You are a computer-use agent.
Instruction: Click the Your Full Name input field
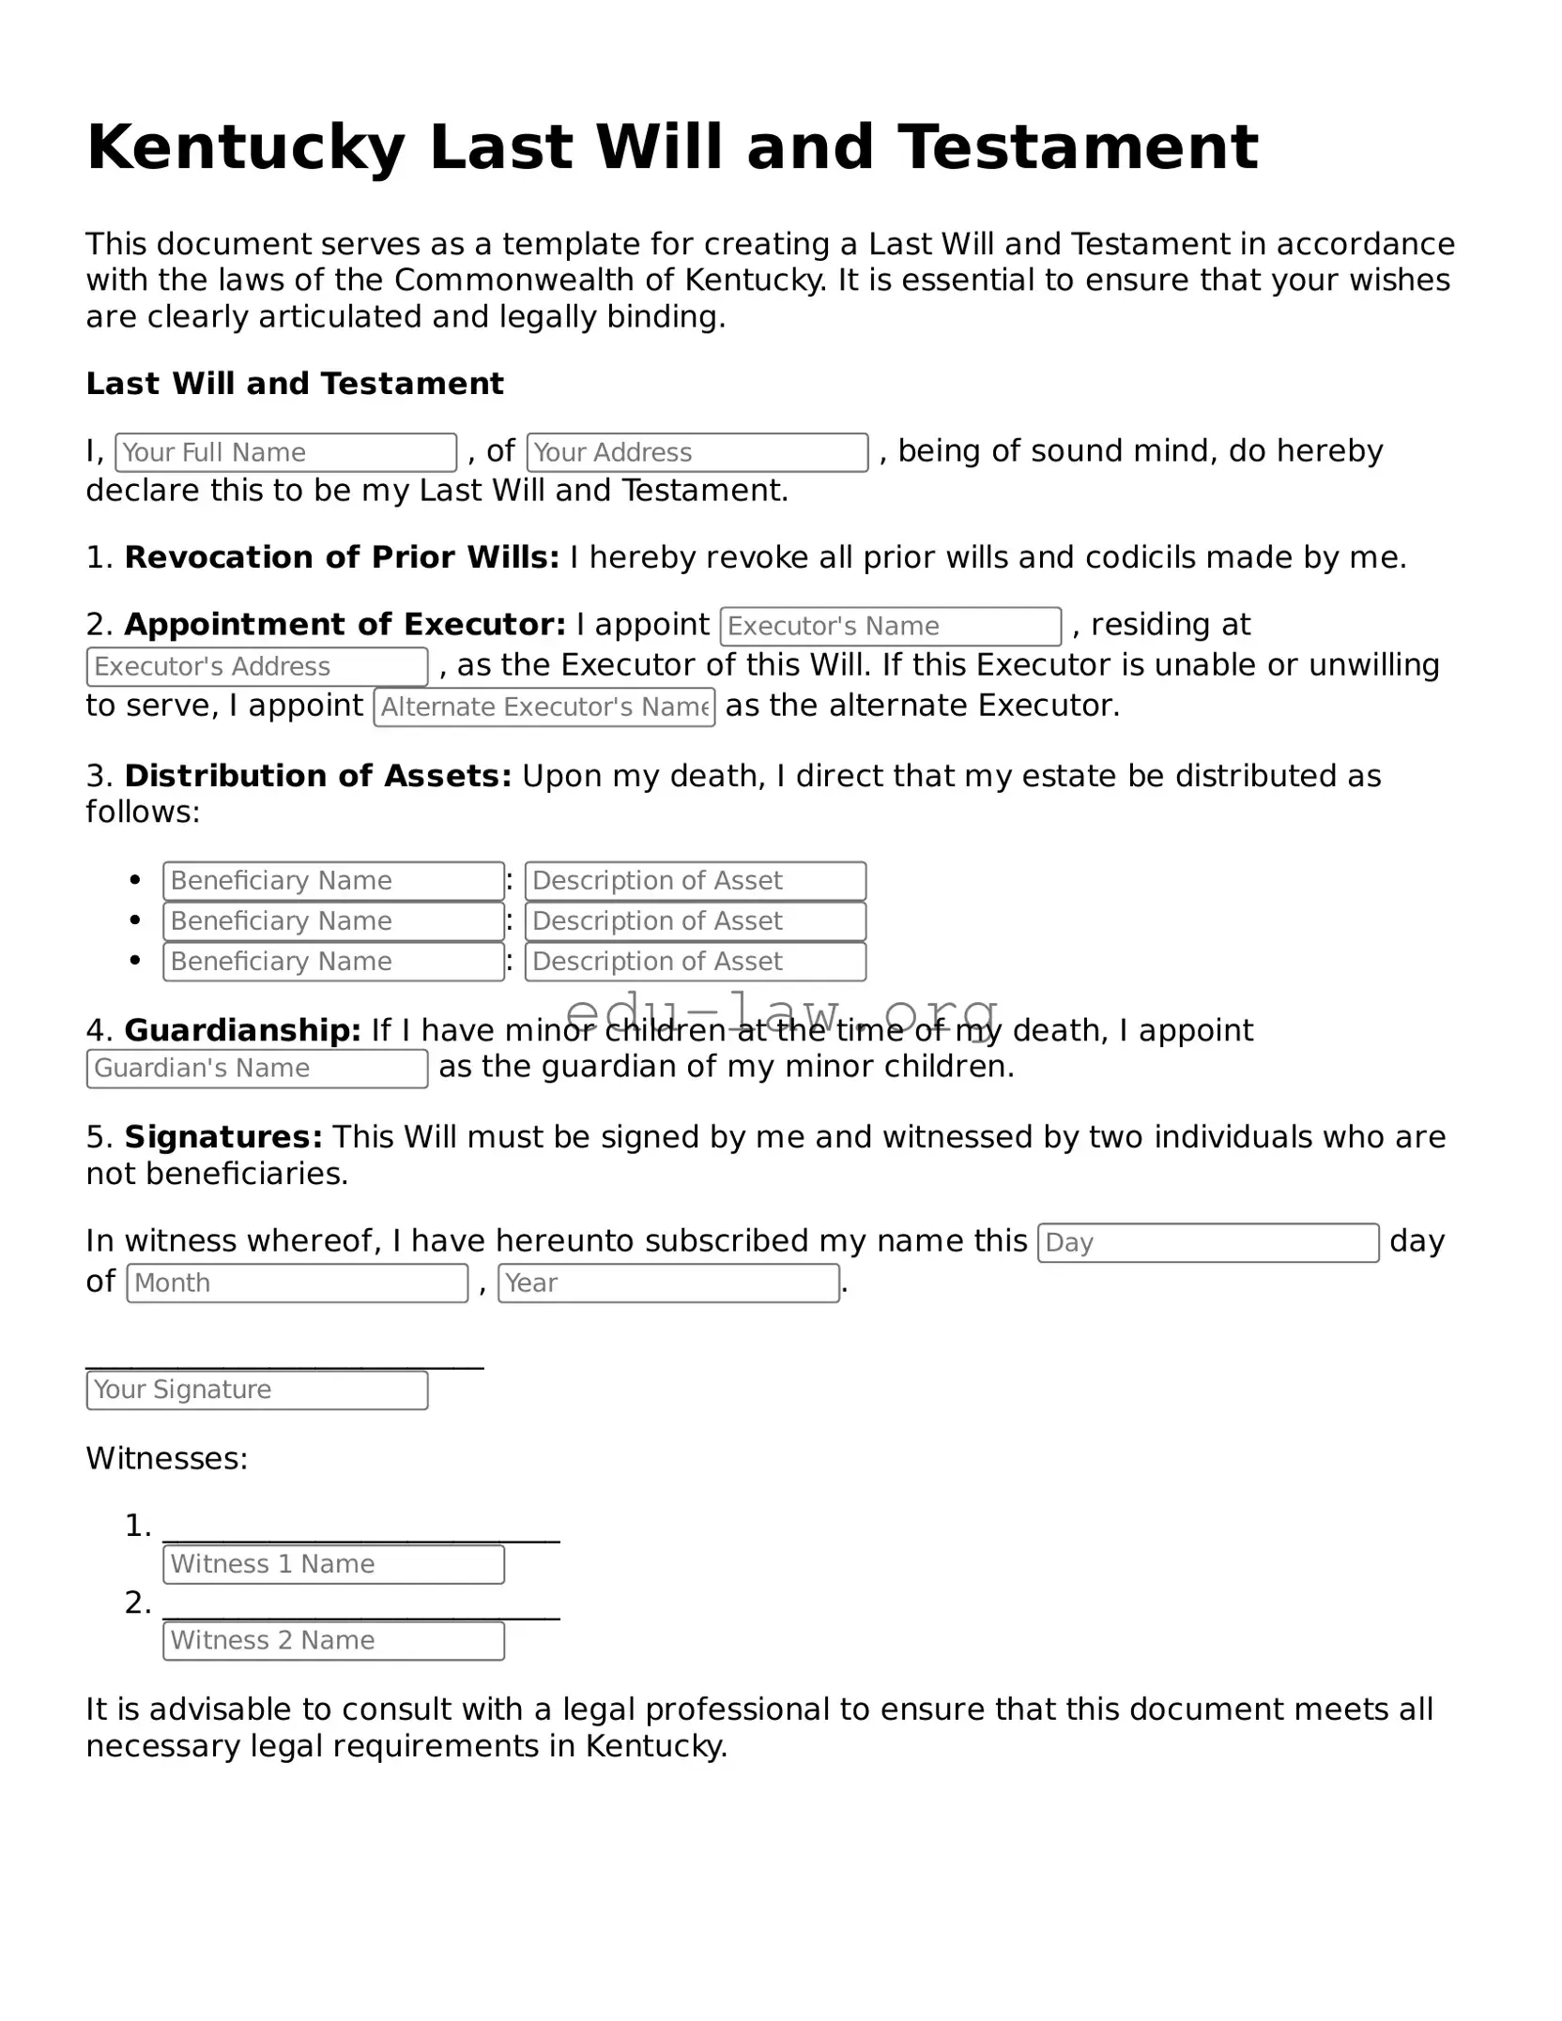pyautogui.click(x=285, y=452)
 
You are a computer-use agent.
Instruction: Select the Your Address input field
pyautogui.click(x=697, y=452)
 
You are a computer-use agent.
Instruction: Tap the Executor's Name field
pyautogui.click(x=890, y=626)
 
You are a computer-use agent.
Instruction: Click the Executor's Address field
pyautogui.click(x=257, y=666)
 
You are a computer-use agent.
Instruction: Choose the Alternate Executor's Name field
pyautogui.click(x=544, y=707)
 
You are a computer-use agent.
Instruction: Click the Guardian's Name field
pyautogui.click(x=257, y=1068)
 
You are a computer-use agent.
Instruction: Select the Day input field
pyautogui.click(x=1207, y=1242)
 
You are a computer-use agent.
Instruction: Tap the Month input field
pyautogui.click(x=297, y=1283)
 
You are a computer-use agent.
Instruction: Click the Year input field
pyautogui.click(x=668, y=1283)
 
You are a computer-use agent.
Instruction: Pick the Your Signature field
pyautogui.click(x=257, y=1390)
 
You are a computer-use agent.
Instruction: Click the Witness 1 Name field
pyautogui.click(x=333, y=1563)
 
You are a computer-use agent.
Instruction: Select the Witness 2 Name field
pyautogui.click(x=333, y=1640)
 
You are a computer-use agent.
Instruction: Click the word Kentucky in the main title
pyautogui.click(x=246, y=148)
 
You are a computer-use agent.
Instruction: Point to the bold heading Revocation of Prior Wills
pyautogui.click(x=342, y=557)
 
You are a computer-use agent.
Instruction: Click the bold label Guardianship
pyautogui.click(x=242, y=1030)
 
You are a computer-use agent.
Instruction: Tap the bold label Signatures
pyautogui.click(x=223, y=1137)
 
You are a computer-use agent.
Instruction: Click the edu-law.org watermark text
pyautogui.click(x=781, y=1013)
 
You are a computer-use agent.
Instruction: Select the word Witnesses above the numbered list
pyautogui.click(x=166, y=1458)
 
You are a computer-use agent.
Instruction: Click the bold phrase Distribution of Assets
pyautogui.click(x=317, y=776)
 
